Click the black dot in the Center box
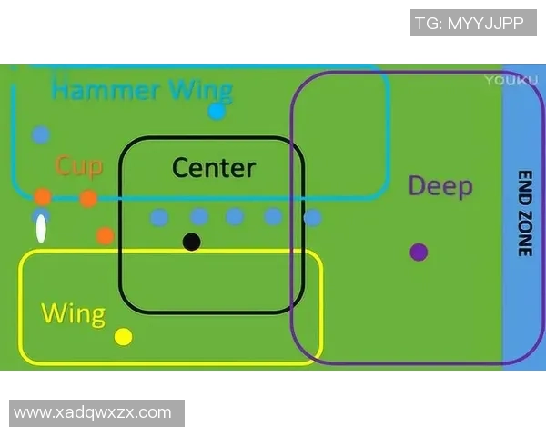tap(191, 242)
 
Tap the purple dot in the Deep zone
tap(419, 252)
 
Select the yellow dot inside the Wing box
tap(124, 337)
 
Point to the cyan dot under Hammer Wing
tap(217, 112)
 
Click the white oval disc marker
tap(41, 229)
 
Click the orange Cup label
tap(78, 166)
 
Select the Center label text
tap(214, 168)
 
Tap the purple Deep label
tap(440, 186)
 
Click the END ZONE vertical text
tap(524, 213)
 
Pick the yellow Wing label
tap(73, 314)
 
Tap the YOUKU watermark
tap(505, 80)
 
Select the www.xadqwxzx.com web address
tap(93, 412)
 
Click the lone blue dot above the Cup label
tap(40, 135)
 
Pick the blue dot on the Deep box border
tap(312, 218)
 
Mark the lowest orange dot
tap(106, 235)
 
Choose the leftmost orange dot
tap(43, 196)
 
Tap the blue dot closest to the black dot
tap(199, 217)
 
